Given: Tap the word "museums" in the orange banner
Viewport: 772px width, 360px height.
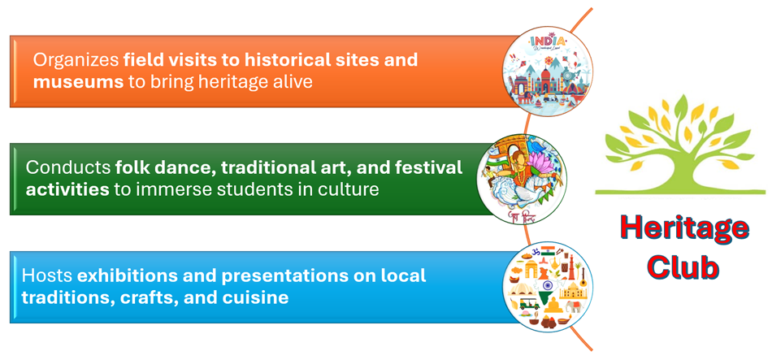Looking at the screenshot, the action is [x=78, y=81].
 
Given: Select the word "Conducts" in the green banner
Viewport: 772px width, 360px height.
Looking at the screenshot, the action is [x=68, y=167].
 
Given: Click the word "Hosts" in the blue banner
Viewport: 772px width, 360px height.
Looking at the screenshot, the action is [x=46, y=275].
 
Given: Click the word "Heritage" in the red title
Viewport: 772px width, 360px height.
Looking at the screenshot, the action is [x=684, y=230].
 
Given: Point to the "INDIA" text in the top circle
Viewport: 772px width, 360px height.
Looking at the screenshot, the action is [x=549, y=41].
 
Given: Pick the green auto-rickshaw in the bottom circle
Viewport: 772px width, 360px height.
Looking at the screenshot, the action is [x=529, y=302].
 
